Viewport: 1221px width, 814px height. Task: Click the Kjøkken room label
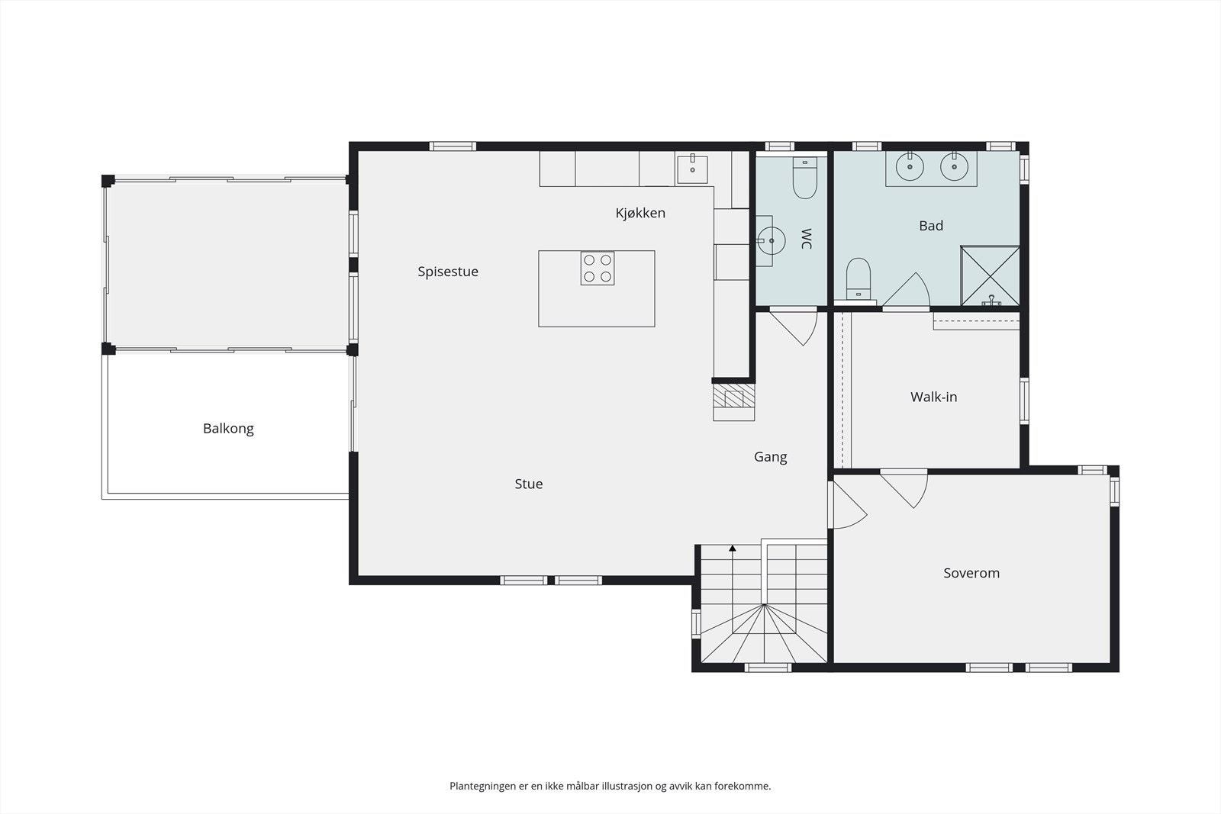click(640, 213)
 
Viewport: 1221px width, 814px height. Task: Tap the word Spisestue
click(448, 272)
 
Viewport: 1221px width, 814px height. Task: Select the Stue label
click(529, 484)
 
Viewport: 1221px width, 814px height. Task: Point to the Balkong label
click(228, 429)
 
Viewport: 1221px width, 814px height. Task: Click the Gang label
click(770, 457)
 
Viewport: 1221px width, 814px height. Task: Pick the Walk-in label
click(934, 397)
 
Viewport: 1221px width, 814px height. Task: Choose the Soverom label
click(971, 573)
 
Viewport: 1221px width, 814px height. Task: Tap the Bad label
click(931, 226)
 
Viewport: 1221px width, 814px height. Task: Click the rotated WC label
click(806, 239)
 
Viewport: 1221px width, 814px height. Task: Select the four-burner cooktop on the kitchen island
click(598, 268)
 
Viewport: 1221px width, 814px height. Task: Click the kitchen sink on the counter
click(692, 169)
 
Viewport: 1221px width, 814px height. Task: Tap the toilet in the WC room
click(804, 178)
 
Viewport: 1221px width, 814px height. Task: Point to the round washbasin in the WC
click(771, 240)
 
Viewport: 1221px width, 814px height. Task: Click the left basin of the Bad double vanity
click(910, 166)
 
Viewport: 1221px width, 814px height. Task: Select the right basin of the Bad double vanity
click(954, 166)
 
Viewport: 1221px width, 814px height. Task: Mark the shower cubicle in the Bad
click(990, 275)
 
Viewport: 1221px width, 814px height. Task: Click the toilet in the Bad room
click(859, 279)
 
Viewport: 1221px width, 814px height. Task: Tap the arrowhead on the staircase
click(733, 548)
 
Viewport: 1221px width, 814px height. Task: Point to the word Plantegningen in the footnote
click(483, 787)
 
